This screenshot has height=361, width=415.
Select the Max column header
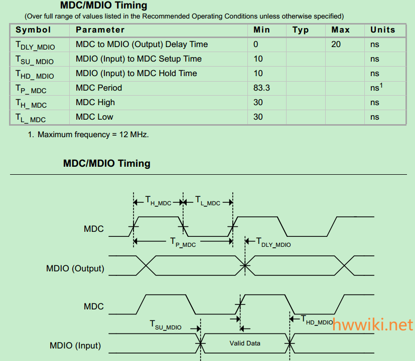point(341,30)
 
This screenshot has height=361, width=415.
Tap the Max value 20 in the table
point(336,45)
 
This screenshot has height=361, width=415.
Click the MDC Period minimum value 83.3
point(262,88)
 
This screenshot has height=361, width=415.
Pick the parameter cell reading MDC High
point(95,103)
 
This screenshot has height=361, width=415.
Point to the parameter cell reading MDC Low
point(94,117)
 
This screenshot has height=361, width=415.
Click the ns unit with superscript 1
point(376,88)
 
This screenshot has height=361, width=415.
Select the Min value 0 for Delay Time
point(256,45)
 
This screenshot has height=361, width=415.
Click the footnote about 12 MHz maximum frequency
point(88,134)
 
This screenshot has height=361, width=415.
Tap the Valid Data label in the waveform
point(245,343)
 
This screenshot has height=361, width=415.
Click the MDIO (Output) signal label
point(75,268)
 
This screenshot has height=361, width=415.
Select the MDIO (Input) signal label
point(75,345)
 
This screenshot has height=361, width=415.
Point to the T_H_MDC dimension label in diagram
point(158,202)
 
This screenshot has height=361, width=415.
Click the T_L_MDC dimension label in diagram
point(207,202)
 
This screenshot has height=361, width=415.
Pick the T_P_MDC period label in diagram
point(183,242)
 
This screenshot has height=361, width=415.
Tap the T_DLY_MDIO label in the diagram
point(273,242)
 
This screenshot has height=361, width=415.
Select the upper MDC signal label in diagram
point(94,229)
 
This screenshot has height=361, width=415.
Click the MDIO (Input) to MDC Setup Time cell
point(139,59)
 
